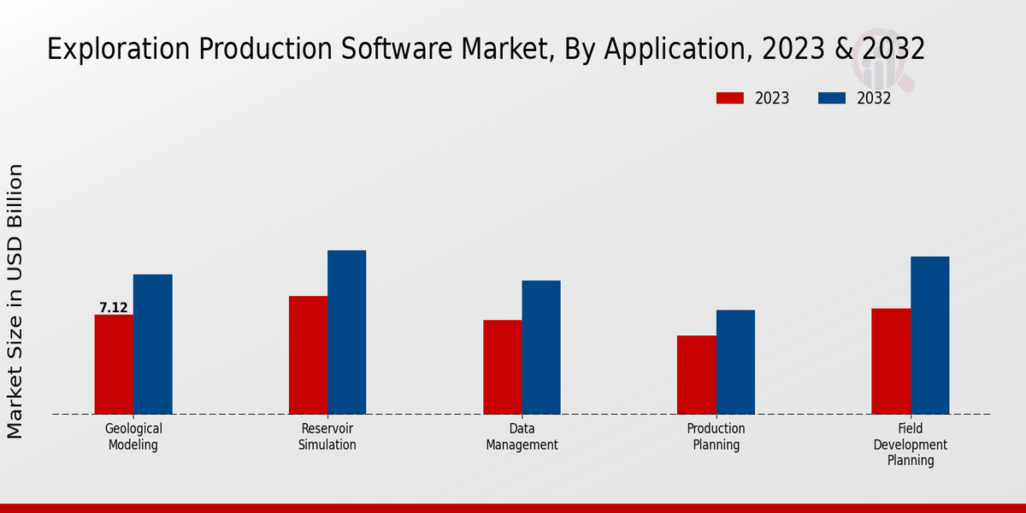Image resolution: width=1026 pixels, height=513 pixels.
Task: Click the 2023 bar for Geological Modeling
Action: tap(114, 364)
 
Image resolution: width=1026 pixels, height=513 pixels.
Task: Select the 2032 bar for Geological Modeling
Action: tap(152, 344)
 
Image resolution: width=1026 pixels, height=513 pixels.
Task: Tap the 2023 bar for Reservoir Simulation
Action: tap(308, 355)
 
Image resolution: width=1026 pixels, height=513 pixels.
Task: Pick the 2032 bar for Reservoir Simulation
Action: tap(346, 332)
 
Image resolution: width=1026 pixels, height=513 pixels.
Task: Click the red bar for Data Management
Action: tap(502, 367)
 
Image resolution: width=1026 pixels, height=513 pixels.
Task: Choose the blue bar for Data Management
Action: tap(541, 347)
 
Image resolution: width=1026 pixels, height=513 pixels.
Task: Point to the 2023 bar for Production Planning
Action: tap(696, 374)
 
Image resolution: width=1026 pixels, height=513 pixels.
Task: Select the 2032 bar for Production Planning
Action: tap(735, 362)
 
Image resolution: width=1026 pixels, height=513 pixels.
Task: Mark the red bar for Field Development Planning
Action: tap(891, 361)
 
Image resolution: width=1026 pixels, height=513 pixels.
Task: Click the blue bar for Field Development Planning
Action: tap(929, 335)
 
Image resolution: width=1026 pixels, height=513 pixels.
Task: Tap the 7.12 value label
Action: tap(114, 308)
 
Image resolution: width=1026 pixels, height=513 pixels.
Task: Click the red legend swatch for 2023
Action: tap(729, 98)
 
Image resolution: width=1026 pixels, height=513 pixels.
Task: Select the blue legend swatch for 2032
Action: tap(831, 98)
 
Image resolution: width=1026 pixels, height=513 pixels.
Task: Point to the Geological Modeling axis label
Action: tap(133, 436)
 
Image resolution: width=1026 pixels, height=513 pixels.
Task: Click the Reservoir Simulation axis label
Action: tap(327, 436)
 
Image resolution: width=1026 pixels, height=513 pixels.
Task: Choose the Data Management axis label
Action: tap(522, 436)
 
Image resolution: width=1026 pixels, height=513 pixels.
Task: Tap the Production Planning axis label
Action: tap(716, 436)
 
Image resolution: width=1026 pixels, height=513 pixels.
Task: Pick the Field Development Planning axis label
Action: tap(911, 445)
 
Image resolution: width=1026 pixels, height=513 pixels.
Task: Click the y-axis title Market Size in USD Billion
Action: tap(15, 301)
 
